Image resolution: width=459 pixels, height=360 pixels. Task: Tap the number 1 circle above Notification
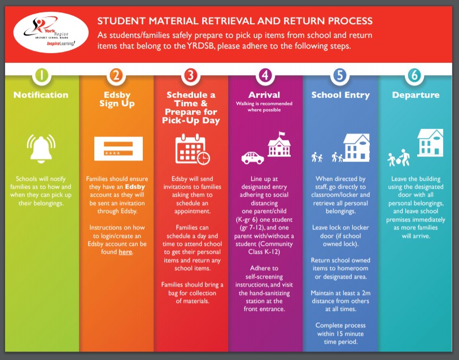[x=41, y=75]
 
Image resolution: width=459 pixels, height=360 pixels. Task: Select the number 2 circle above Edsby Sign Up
[x=116, y=75]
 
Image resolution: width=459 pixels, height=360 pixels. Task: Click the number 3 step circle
[x=190, y=75]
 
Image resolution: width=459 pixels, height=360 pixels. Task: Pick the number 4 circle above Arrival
[x=265, y=75]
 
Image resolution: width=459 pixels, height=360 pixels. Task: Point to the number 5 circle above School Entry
[x=339, y=75]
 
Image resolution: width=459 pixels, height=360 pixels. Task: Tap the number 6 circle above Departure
[x=414, y=75]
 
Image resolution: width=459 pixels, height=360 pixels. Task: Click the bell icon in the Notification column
[x=41, y=148]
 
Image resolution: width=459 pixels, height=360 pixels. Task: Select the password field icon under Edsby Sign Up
[x=116, y=149]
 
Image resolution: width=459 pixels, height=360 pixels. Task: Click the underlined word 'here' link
[x=125, y=252]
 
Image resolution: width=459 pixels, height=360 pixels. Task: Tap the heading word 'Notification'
[x=41, y=95]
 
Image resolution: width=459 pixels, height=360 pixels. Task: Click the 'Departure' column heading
[x=416, y=95]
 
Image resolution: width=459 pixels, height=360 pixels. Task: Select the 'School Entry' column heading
[x=340, y=95]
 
